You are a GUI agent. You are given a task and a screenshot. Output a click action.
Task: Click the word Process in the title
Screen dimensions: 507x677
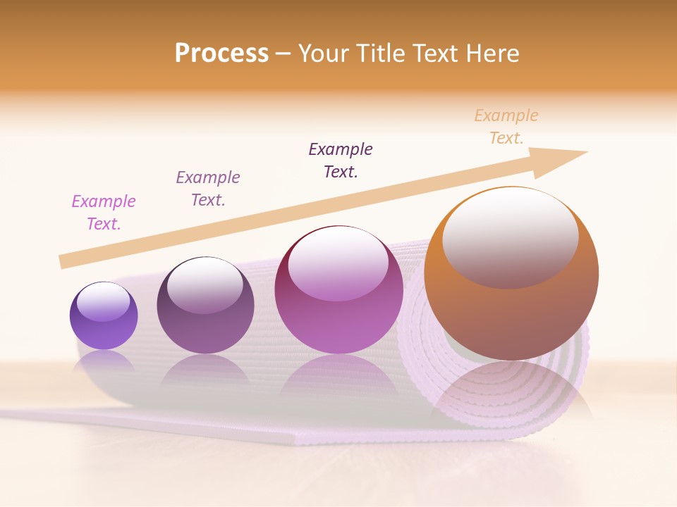pos(221,54)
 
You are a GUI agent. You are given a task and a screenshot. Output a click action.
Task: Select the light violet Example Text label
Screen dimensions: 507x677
pos(104,212)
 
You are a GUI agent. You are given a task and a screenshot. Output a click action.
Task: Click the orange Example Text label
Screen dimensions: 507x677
pos(506,126)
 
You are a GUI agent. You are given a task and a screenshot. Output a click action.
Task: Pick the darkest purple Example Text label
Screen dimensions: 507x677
pos(341,160)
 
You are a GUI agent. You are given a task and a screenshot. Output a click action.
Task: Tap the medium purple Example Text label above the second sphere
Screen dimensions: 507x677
pos(208,188)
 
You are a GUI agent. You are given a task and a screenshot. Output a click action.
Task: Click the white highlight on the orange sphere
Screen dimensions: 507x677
pos(510,236)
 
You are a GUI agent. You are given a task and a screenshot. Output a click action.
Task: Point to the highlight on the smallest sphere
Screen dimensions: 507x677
pos(103,301)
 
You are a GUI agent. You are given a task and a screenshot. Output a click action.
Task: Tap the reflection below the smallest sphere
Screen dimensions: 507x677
pos(104,361)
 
